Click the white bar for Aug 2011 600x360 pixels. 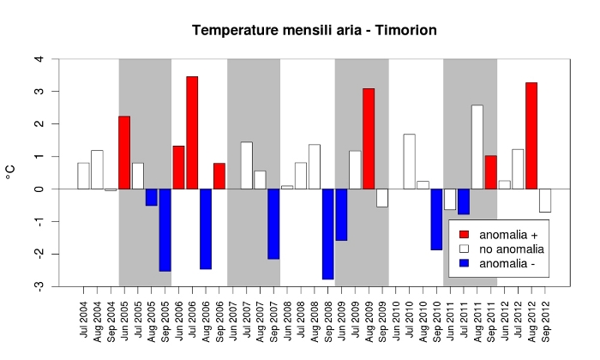tap(477, 147)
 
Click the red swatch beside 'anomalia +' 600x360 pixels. tap(464, 234)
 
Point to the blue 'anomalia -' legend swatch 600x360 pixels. tap(464, 263)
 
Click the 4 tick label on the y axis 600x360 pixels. tap(39, 59)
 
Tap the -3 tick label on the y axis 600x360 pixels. tap(37, 286)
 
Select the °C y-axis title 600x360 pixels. tap(11, 172)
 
